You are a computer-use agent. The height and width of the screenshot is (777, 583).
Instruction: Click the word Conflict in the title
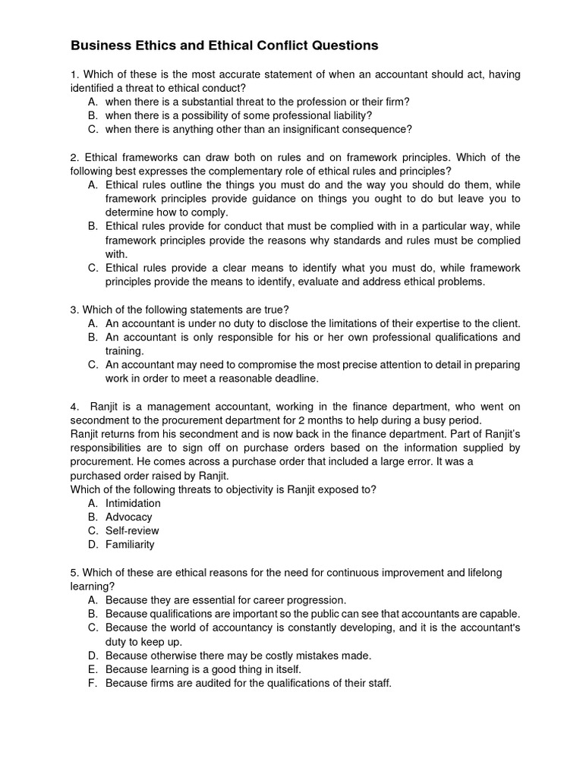point(256,46)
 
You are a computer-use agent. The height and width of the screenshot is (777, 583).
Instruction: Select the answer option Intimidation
point(133,503)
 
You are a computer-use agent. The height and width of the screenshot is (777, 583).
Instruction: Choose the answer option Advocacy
point(128,517)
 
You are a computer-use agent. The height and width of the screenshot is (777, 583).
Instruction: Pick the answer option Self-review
point(132,530)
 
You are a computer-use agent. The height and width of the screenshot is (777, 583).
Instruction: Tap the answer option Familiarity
point(130,544)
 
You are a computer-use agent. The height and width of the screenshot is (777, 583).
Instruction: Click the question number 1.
point(74,74)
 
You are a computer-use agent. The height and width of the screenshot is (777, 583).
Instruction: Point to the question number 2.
point(74,157)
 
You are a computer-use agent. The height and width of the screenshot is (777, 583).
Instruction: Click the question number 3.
point(74,310)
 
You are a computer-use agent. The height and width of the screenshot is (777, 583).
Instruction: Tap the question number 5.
point(74,572)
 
